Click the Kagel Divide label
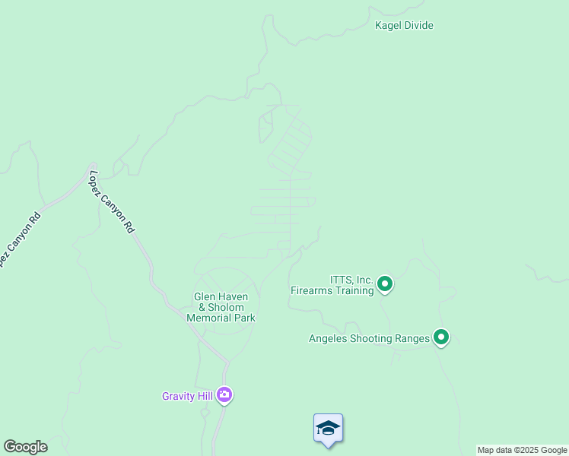tap(404, 26)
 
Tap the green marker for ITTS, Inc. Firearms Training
tap(385, 284)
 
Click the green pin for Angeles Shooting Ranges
tap(441, 337)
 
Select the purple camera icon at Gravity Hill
tap(224, 394)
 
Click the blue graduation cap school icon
tap(328, 429)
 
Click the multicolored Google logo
tap(25, 447)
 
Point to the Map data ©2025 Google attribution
tap(523, 450)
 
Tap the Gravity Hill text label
tap(187, 396)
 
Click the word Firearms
tap(313, 290)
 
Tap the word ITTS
tap(342, 280)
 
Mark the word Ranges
tap(413, 338)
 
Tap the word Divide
tap(419, 26)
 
